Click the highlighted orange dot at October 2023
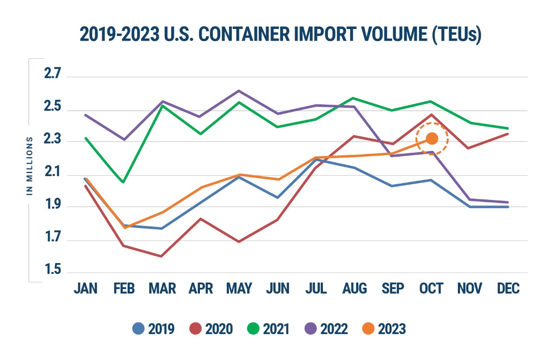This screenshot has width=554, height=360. pyautogui.click(x=432, y=138)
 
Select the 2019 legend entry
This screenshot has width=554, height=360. pyautogui.click(x=154, y=329)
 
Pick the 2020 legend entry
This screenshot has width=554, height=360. pyautogui.click(x=212, y=329)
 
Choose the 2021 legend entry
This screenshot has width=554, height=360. pyautogui.click(x=269, y=329)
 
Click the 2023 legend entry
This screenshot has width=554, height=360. pyautogui.click(x=385, y=329)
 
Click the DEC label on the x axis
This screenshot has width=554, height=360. pyautogui.click(x=509, y=289)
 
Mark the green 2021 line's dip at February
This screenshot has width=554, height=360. pyautogui.click(x=124, y=182)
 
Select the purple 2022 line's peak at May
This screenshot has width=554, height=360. pyautogui.click(x=239, y=90)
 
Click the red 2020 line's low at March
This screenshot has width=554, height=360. pyautogui.click(x=162, y=256)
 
